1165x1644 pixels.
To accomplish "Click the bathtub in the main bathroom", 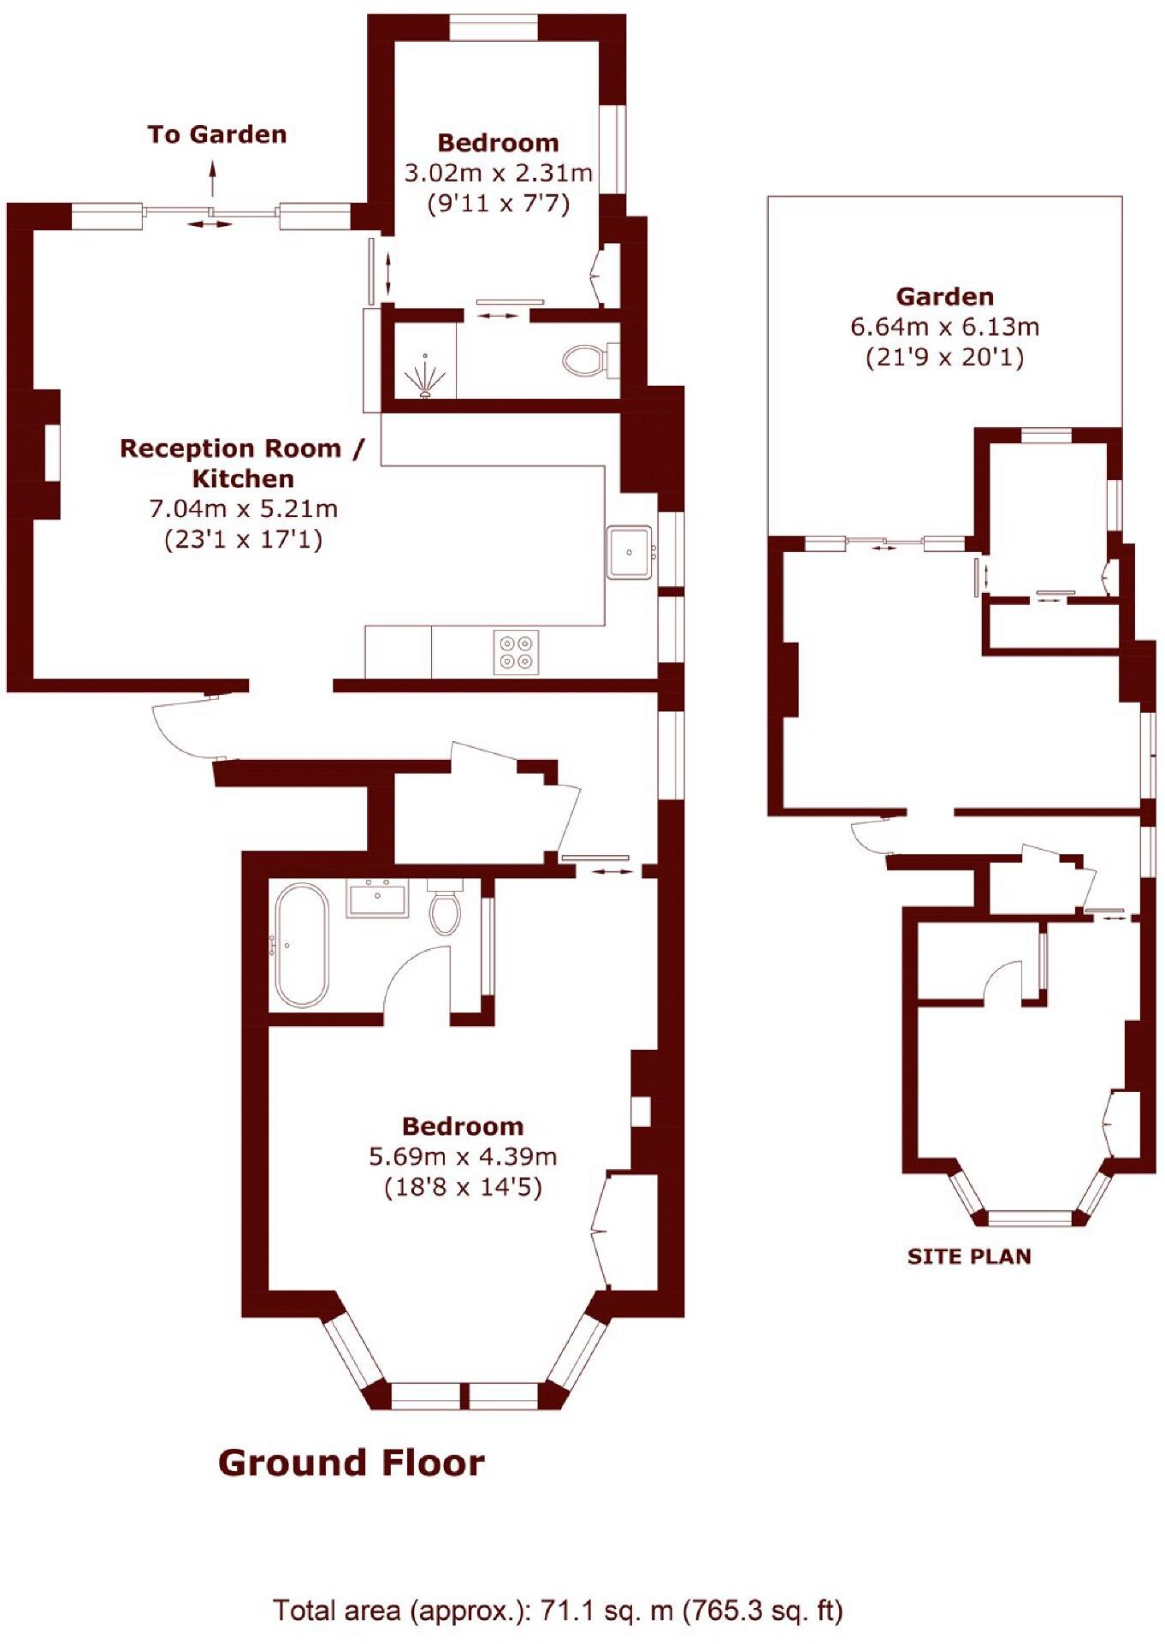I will pos(299,945).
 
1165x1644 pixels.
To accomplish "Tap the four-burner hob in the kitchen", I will pos(517,652).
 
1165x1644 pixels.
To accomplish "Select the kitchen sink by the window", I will pos(630,552).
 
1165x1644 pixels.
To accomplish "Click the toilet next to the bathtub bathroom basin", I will pos(444,910).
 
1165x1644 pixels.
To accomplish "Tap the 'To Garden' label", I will pos(217,134).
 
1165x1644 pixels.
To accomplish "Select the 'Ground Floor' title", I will pos(351,1463).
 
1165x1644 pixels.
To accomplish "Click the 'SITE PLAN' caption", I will pos(969,1256).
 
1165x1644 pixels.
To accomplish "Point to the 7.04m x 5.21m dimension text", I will pos(244,509).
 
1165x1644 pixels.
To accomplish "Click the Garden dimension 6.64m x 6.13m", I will pos(944,327).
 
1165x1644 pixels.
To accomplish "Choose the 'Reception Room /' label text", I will pos(242,448).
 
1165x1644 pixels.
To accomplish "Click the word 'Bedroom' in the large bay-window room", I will pos(463,1126).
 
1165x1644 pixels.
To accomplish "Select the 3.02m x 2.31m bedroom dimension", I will pos(498,173).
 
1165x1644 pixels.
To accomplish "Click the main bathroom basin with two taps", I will pos(376,899).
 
